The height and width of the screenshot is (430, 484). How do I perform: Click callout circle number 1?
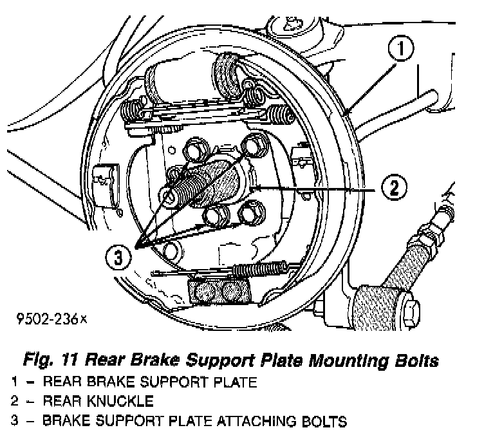point(401,48)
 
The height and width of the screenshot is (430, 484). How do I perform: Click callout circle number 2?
point(395,189)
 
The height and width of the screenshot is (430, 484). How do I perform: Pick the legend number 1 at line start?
point(14,382)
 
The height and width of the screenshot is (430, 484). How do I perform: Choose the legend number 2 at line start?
point(14,402)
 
